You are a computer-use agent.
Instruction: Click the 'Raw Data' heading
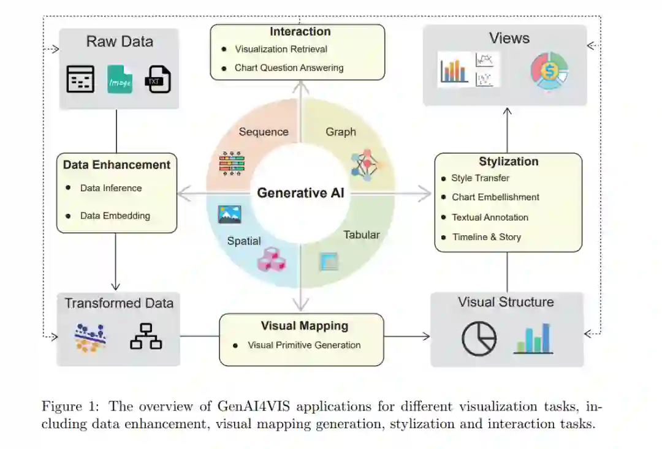point(120,42)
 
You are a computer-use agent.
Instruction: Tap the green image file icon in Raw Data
point(120,80)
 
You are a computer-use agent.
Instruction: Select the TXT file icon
point(158,80)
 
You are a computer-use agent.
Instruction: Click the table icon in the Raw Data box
point(80,79)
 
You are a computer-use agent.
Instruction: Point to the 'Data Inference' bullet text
point(111,188)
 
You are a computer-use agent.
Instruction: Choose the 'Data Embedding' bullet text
point(115,216)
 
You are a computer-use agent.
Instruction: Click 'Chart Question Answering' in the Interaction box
point(289,68)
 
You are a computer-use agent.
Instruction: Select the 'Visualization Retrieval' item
point(281,49)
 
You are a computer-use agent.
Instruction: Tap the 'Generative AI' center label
point(300,193)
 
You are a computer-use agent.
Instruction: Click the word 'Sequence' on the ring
point(264,132)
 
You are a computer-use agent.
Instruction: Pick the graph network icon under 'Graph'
point(364,164)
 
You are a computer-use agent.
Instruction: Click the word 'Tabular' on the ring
point(361,235)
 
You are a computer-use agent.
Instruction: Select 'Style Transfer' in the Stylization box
point(480,178)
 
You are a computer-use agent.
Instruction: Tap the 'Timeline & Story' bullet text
point(486,237)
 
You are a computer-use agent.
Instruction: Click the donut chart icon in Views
point(549,70)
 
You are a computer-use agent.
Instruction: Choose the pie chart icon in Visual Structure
point(479,338)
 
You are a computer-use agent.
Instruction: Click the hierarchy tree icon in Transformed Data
point(146,336)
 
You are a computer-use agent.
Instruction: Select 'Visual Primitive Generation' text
point(304,345)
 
